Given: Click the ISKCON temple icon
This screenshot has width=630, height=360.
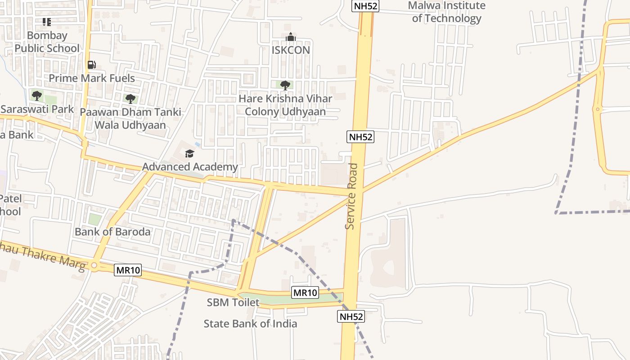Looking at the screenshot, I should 291,37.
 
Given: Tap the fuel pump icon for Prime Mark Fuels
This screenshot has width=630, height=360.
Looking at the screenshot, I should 92,65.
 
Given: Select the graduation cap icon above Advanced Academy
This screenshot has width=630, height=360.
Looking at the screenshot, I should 189,154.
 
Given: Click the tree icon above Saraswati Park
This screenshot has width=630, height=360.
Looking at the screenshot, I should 37,95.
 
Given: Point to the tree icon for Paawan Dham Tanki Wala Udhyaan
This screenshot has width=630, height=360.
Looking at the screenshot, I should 130,99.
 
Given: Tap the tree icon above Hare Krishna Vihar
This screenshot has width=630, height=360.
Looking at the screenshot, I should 285,85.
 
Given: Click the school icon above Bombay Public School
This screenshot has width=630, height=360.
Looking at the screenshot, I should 47,22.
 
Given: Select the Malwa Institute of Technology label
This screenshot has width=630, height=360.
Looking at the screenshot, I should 446,12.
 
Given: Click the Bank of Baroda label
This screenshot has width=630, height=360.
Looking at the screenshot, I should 112,232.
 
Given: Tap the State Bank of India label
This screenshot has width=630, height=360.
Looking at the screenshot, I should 250,324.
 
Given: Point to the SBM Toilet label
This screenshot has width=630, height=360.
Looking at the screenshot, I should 233,302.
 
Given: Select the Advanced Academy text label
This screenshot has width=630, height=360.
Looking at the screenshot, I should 190,167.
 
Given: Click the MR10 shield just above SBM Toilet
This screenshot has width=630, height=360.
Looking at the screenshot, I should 305,293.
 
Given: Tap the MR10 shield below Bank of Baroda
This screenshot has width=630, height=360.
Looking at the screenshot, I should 128,270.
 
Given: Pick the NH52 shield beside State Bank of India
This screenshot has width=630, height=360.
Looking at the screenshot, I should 351,317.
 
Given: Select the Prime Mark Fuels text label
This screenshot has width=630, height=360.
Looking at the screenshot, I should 92,78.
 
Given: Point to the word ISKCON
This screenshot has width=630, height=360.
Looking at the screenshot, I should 291,50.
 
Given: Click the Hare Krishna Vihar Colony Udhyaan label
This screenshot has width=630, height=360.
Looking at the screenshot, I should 285,105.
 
